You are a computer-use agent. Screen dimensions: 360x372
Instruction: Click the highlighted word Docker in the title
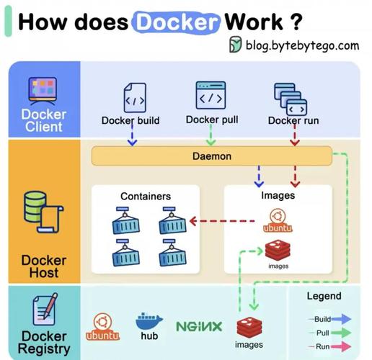(176, 21)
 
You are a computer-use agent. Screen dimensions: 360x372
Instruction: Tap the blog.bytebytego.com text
(302, 45)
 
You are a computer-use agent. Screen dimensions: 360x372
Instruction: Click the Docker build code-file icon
(135, 96)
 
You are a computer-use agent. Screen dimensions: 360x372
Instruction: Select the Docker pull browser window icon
(211, 94)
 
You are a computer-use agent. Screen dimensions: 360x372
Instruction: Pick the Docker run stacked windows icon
(290, 97)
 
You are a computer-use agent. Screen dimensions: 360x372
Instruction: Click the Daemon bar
(211, 156)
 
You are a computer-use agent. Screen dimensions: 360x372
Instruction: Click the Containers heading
(145, 196)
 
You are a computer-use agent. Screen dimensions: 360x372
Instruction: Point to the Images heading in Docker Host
(278, 194)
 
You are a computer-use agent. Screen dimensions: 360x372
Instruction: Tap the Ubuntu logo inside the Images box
(278, 219)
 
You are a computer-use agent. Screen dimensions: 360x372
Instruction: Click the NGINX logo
(199, 326)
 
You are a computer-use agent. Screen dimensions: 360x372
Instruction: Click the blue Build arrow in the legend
(341, 318)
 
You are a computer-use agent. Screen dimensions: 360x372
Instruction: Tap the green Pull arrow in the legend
(341, 332)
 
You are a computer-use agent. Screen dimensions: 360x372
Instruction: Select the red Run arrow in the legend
(341, 346)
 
